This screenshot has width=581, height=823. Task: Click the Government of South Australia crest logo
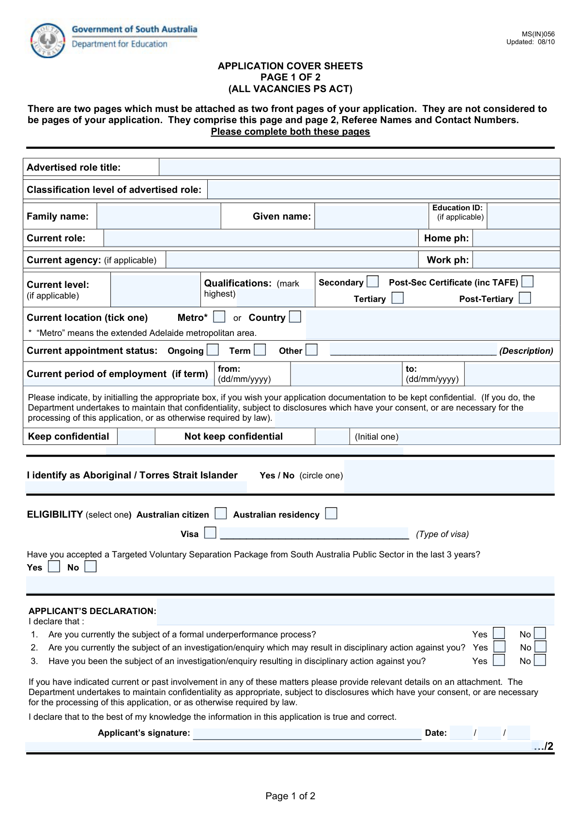point(47,41)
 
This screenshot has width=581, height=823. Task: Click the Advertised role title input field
point(359,167)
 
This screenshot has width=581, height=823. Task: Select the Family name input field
point(158,216)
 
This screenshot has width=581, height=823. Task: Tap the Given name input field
point(371,216)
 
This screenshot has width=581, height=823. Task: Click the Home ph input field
point(516,238)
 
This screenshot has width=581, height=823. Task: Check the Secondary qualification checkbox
point(372,282)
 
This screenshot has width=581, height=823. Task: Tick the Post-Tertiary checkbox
point(525,298)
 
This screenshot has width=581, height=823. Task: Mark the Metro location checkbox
point(219,317)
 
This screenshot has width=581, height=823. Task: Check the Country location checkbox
point(295,317)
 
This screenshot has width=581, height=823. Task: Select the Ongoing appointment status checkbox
point(213,350)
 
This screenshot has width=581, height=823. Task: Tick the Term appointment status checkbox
point(260,350)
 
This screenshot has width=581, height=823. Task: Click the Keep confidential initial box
point(136,436)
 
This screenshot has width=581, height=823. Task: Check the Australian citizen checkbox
point(221,514)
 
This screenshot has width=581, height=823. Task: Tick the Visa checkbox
point(210,533)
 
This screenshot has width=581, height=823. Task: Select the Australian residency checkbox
point(331,514)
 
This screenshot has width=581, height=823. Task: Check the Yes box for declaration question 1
point(499,633)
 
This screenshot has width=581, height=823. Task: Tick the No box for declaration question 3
point(540,660)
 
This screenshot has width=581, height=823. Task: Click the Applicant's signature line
point(307,733)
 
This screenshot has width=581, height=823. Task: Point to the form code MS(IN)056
point(538,34)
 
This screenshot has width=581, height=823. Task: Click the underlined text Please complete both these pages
point(290,132)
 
